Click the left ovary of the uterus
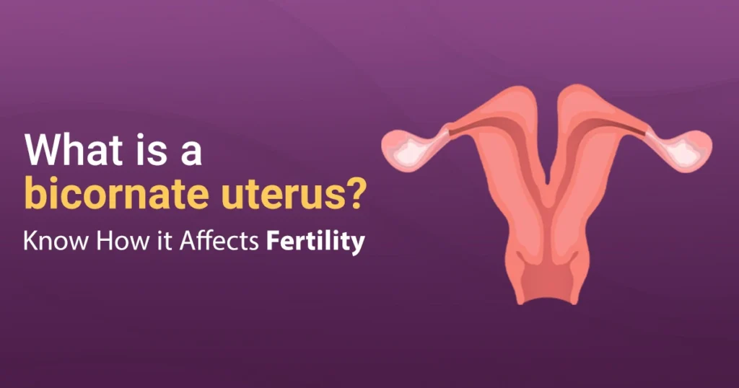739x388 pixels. coord(409,147)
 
